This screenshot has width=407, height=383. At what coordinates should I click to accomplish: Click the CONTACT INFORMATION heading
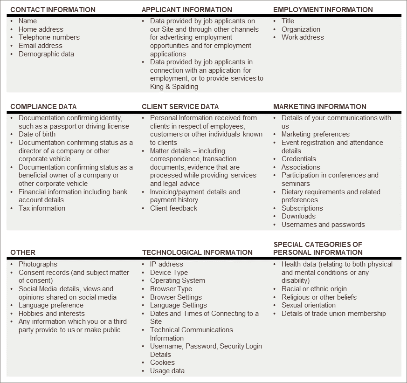(53, 9)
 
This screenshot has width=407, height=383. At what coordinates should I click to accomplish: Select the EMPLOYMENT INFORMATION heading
(323, 9)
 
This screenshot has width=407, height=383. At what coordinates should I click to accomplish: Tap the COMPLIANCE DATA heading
(43, 106)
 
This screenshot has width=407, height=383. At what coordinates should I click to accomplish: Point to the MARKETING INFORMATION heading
(319, 106)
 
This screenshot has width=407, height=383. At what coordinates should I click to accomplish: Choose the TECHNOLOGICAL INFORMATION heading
(197, 252)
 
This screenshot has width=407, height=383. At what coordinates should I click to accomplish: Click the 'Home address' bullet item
(41, 29)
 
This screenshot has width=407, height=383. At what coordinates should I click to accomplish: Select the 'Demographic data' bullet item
(46, 54)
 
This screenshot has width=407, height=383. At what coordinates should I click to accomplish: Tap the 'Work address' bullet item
(303, 37)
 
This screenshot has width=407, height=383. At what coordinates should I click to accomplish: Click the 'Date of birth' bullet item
(37, 134)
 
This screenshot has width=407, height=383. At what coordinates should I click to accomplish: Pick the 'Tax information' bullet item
(42, 208)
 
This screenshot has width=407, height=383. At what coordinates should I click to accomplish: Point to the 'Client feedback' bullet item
(173, 208)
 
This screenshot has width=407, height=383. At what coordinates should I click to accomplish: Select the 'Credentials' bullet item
(298, 159)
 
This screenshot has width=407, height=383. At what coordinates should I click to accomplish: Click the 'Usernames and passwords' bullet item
(323, 225)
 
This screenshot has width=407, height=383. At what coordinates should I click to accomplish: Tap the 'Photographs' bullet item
(38, 264)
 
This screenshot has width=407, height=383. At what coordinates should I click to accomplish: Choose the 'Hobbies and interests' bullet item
(52, 314)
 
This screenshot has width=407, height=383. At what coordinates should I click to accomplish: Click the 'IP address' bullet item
(166, 264)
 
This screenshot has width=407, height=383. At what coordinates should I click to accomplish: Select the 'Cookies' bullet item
(162, 362)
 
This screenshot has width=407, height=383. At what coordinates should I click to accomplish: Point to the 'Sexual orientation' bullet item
(308, 305)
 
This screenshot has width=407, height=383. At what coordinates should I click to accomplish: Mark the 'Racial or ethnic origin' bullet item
(314, 289)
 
